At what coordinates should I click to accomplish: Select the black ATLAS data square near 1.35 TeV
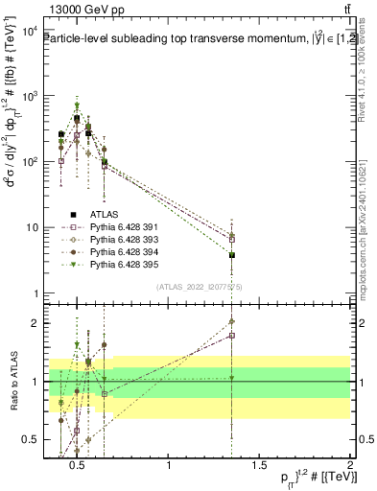[232, 255]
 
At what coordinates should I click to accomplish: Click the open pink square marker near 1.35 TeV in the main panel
[232, 239]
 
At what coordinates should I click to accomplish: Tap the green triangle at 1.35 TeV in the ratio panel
[232, 378]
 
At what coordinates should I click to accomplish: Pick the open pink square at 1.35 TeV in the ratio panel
[232, 336]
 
